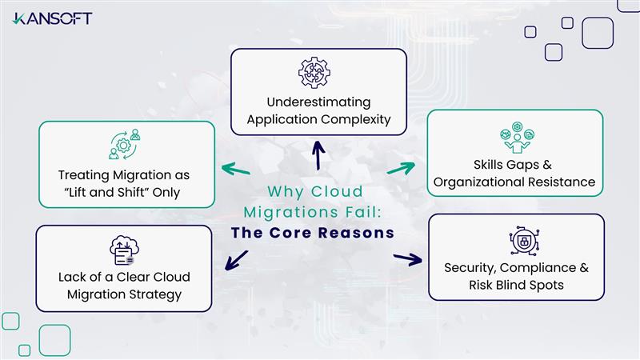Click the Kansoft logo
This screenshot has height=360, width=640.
(x=52, y=18)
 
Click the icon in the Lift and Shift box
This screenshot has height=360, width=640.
(x=124, y=146)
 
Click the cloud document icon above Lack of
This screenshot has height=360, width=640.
(x=122, y=250)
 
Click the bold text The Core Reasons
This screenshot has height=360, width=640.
(x=313, y=234)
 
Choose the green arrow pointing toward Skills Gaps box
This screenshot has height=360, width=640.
(x=401, y=168)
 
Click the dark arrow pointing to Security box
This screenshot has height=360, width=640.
(x=407, y=259)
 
